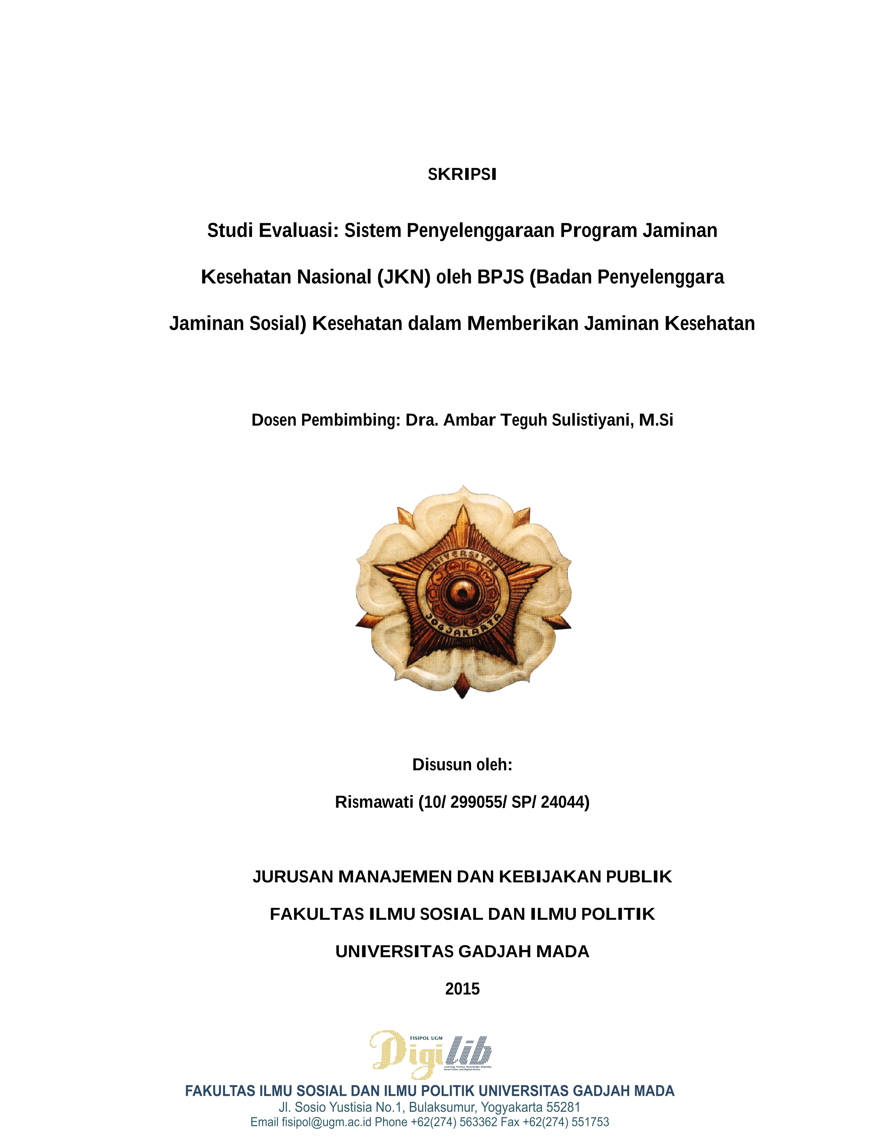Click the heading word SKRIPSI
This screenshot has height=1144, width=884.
point(462,174)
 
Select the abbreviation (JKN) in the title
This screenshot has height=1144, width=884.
point(404,277)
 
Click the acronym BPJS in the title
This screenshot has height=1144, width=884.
point(500,277)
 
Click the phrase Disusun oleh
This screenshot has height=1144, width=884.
point(462,765)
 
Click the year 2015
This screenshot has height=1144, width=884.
point(462,989)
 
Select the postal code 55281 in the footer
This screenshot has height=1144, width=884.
point(563,1107)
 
